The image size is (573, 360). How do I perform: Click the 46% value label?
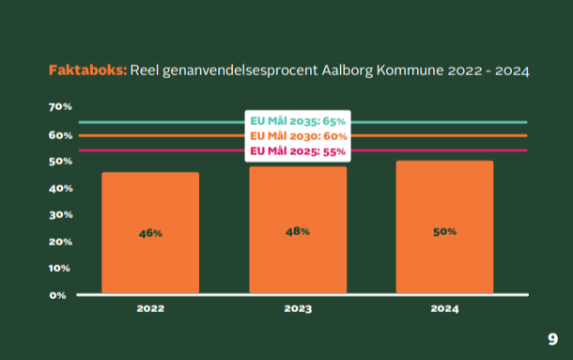coord(150,232)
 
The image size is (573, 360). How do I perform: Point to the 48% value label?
coord(298,231)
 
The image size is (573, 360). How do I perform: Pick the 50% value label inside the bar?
coord(444,231)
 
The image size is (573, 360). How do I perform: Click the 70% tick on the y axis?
coord(60,107)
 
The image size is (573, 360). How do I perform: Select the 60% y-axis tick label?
coord(60,135)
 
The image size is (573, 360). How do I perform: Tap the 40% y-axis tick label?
coord(60,189)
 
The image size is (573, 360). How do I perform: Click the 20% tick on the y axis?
coord(60,242)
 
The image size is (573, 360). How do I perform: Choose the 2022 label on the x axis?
coord(150,308)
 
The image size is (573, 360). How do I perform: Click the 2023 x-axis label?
coord(298,308)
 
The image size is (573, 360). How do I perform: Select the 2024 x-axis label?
coord(444,308)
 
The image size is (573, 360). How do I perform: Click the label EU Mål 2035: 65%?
coord(297,121)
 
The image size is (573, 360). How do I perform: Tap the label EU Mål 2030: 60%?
coord(297,136)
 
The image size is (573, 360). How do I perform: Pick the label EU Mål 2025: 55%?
coord(297,150)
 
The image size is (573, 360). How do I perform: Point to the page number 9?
coord(552,338)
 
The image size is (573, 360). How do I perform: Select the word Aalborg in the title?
coord(345,70)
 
